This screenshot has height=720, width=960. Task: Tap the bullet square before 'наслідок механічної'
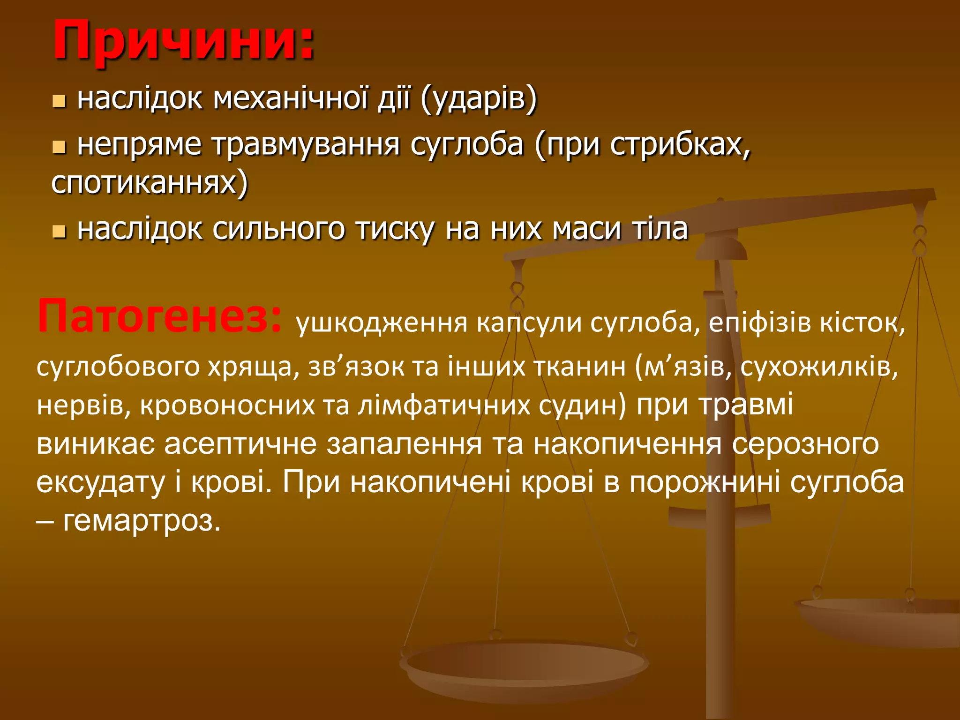click(59, 101)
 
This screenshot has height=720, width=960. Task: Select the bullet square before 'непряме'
click(59, 147)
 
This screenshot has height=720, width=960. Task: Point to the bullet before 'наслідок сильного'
click(59, 231)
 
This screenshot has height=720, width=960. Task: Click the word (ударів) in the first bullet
click(479, 99)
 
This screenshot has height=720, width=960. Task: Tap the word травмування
click(306, 145)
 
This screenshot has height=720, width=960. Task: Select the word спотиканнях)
click(150, 183)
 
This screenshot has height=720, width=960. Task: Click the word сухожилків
click(819, 367)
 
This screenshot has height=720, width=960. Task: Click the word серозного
click(805, 444)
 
